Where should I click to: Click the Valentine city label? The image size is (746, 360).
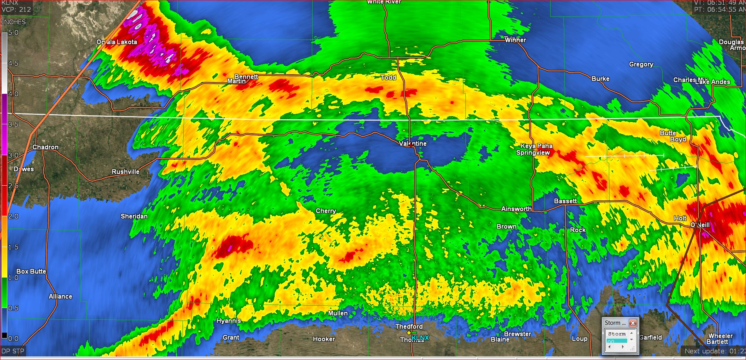click(x=413, y=144)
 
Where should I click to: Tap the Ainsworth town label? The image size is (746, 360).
click(x=516, y=209)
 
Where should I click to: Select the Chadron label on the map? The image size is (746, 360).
click(x=45, y=147)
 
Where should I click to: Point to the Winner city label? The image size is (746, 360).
click(x=515, y=40)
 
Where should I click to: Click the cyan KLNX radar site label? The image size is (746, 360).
click(x=420, y=338)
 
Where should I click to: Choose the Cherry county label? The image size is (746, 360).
click(x=326, y=211)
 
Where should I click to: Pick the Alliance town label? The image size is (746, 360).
click(x=60, y=297)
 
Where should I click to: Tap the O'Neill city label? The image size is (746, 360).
click(x=699, y=225)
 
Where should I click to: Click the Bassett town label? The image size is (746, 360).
click(x=565, y=201)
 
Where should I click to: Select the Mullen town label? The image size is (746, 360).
click(x=338, y=313)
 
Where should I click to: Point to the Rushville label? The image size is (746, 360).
click(x=125, y=172)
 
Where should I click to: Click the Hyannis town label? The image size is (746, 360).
click(x=229, y=321)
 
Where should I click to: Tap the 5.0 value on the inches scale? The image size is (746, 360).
click(x=13, y=33)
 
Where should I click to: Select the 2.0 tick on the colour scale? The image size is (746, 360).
click(x=13, y=217)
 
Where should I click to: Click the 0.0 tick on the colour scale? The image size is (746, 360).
click(x=13, y=339)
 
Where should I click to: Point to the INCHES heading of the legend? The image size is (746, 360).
click(x=14, y=22)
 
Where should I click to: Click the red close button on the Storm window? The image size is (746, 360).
click(x=633, y=323)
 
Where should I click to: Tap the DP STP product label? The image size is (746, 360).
click(x=13, y=351)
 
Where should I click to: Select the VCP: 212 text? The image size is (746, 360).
click(x=16, y=9)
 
